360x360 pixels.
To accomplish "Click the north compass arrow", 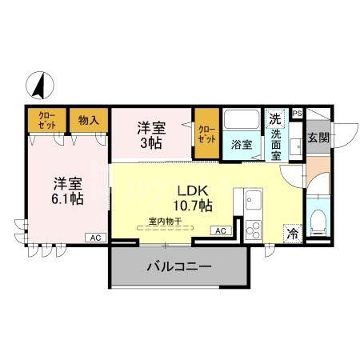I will [x=37, y=83].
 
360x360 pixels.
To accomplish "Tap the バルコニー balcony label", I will [x=178, y=266].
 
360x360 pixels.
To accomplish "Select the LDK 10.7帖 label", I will [x=193, y=198].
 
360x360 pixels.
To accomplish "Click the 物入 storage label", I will [x=89, y=120].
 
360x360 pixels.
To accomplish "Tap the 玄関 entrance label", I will [x=318, y=137].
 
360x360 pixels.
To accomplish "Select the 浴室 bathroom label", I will [x=242, y=146].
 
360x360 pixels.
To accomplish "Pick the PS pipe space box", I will [x=297, y=114].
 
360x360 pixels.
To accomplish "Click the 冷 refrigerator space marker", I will [x=293, y=234].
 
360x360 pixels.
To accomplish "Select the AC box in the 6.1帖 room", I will [x=94, y=238].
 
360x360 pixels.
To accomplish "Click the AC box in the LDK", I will [x=221, y=230].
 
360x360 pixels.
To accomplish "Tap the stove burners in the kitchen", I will [x=253, y=228].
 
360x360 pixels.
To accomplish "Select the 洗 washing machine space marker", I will [x=275, y=118].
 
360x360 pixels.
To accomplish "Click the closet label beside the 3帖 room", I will [x=206, y=132].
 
